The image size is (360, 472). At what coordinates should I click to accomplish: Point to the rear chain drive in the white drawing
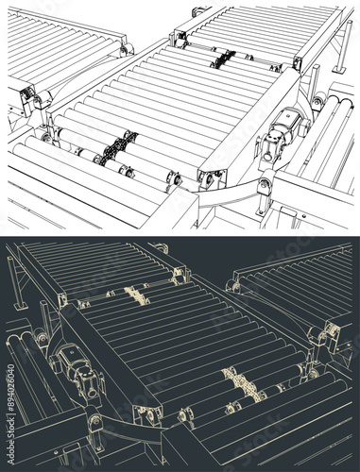point(222,58)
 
